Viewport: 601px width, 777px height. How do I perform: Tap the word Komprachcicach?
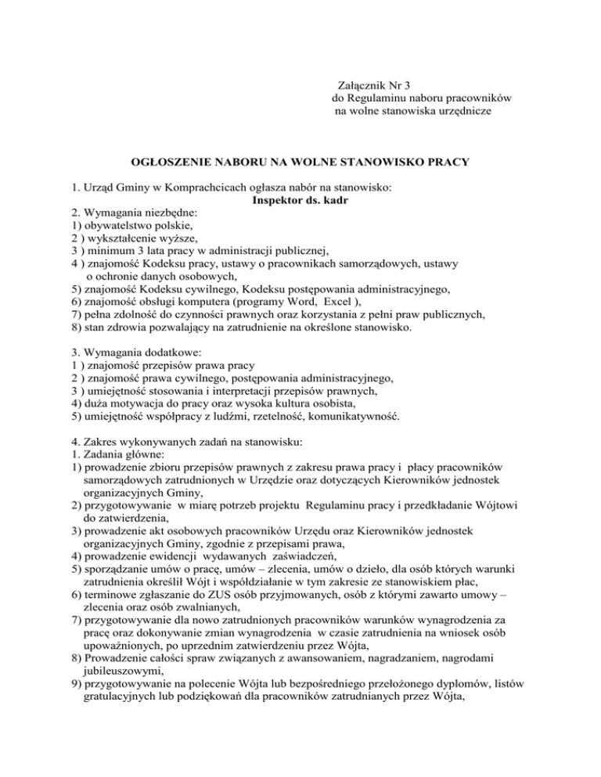(x=180, y=188)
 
